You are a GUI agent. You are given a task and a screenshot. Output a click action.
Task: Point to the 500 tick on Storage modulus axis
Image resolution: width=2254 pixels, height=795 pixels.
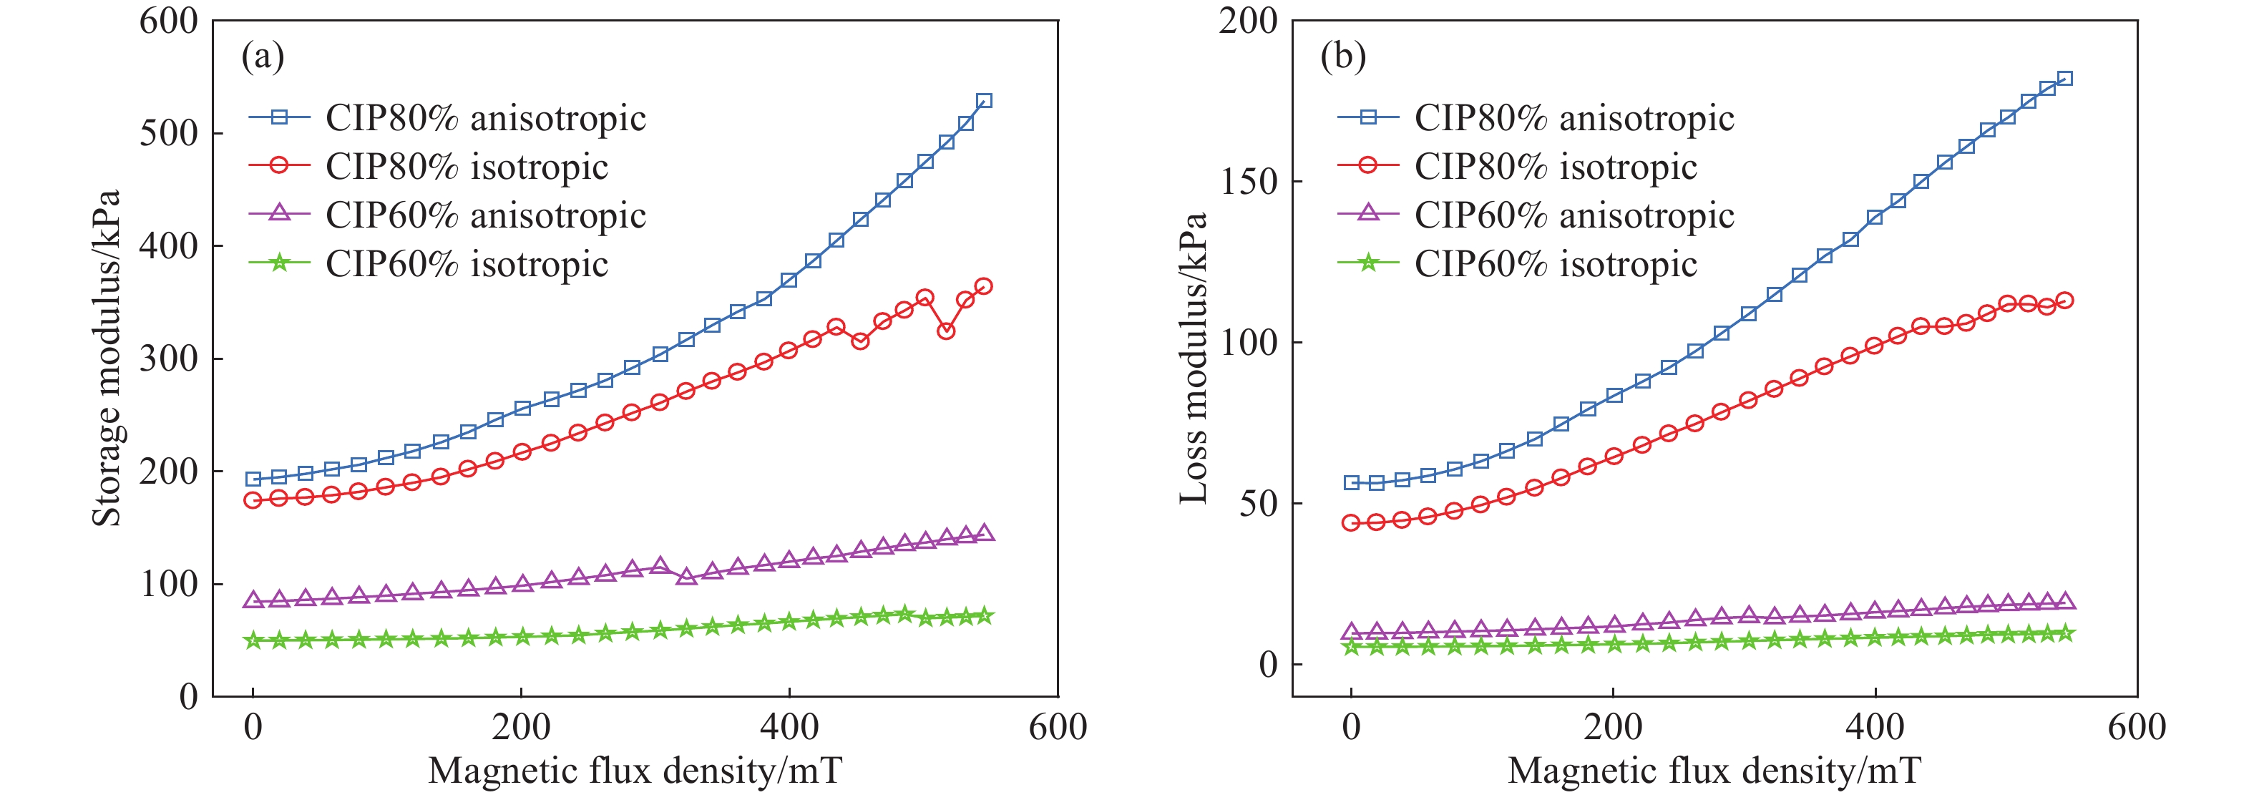pos(169,133)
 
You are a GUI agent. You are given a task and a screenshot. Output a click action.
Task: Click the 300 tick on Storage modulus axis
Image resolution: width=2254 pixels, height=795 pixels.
pos(169,358)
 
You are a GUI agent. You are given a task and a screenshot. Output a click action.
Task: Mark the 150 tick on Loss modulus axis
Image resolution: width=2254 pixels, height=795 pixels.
pos(1248,181)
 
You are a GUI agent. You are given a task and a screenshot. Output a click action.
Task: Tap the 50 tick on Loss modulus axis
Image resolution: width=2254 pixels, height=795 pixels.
pos(1258,503)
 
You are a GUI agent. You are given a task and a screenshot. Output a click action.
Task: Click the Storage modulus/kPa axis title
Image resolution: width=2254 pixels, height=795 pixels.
pos(107,358)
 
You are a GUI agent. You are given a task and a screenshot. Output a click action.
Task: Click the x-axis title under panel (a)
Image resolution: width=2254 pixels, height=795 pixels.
pos(635,771)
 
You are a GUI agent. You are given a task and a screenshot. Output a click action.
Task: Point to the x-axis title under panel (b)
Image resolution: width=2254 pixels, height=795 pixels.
pos(1715,771)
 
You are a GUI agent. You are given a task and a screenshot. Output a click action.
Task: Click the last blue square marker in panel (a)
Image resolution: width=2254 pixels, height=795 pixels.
pos(983,101)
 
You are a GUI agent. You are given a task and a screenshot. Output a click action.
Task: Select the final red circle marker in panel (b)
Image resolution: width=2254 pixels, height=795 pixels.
pos(2065,301)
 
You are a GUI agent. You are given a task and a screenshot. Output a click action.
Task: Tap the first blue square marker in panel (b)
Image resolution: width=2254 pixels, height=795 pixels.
pos(1351,483)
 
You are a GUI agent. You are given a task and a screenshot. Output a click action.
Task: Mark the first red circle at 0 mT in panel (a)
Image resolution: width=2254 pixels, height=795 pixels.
pos(253,500)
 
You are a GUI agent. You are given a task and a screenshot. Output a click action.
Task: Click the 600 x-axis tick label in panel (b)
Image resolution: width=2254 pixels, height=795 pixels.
pos(2137,727)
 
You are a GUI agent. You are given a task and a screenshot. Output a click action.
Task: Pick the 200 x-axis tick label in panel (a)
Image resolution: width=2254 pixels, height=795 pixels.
pos(521,727)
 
